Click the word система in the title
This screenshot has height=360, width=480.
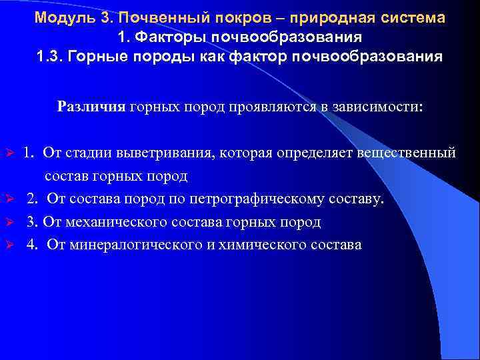[413, 18]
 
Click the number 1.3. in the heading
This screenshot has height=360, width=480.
[51, 55]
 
